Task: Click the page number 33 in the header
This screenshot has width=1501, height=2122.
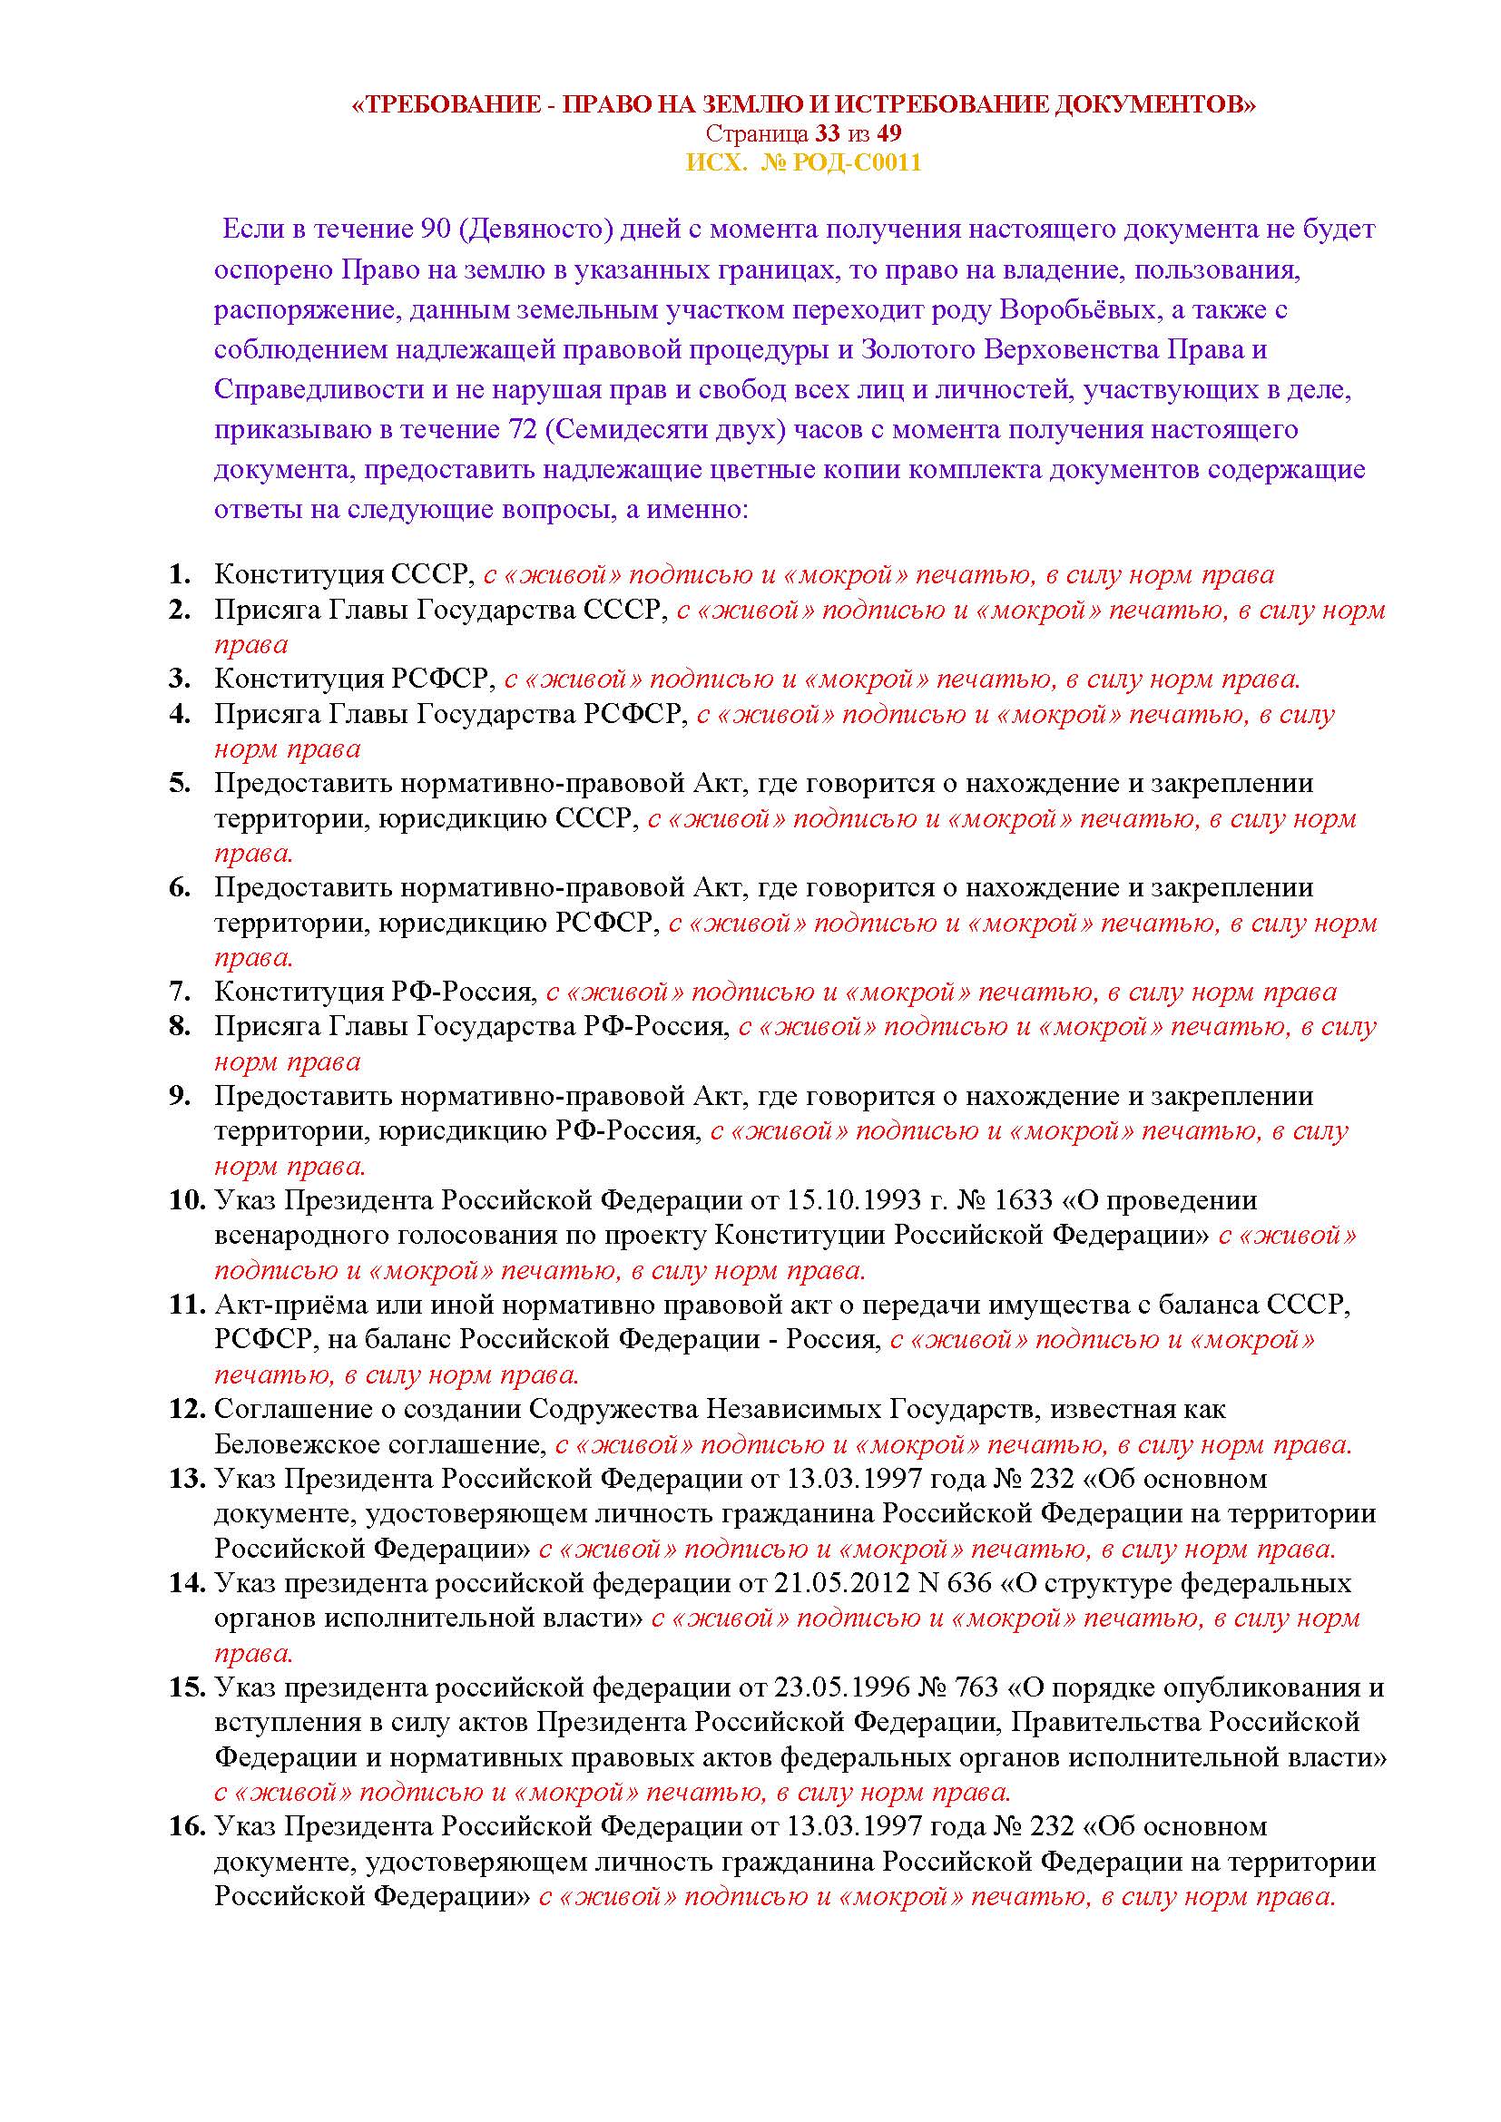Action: pyautogui.click(x=828, y=134)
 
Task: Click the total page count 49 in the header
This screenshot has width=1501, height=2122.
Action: pyautogui.click(x=889, y=134)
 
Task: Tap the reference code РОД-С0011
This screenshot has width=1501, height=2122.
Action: pyautogui.click(x=853, y=163)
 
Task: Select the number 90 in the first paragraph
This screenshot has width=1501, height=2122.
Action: pyautogui.click(x=435, y=230)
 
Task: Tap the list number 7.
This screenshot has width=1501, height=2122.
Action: pyautogui.click(x=180, y=992)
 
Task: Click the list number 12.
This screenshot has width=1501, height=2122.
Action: pyautogui.click(x=186, y=1410)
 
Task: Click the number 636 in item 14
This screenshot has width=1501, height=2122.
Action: pyautogui.click(x=965, y=1583)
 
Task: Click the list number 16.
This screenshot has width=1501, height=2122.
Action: pyautogui.click(x=186, y=1827)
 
